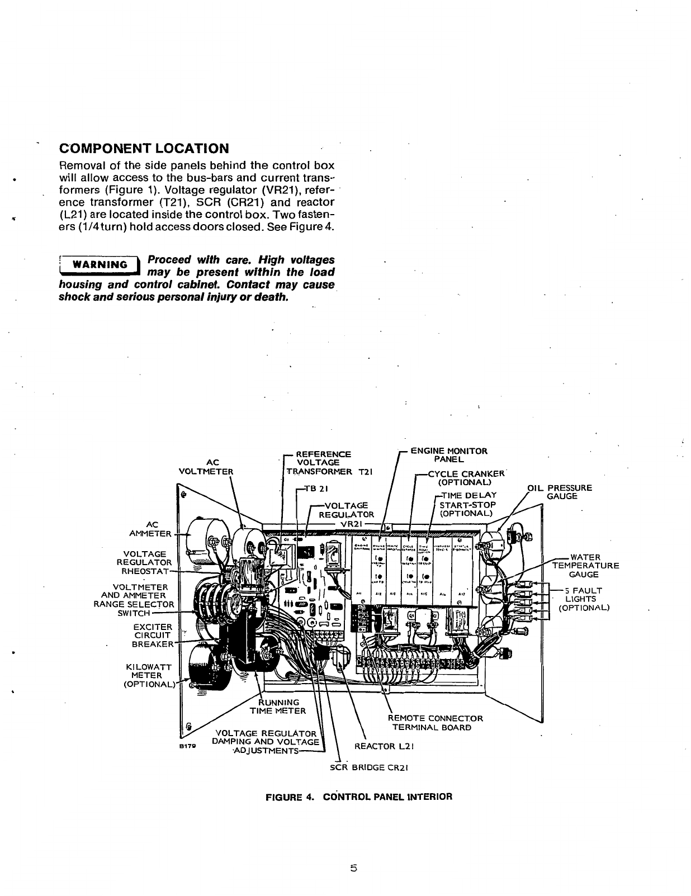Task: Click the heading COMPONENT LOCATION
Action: (x=144, y=149)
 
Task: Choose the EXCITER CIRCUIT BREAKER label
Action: (x=152, y=636)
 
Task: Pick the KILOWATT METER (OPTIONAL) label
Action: (x=148, y=675)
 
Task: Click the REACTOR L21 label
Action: (x=384, y=746)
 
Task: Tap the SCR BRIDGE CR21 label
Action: (x=370, y=767)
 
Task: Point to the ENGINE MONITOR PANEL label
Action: (x=449, y=455)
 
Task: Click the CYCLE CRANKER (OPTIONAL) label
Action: (x=465, y=478)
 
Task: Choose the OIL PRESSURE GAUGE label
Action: (x=561, y=492)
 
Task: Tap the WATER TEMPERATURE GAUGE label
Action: (x=585, y=566)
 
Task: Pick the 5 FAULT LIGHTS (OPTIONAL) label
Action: (x=584, y=599)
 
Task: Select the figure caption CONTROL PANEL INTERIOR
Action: (x=358, y=797)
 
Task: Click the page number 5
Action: (x=353, y=868)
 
